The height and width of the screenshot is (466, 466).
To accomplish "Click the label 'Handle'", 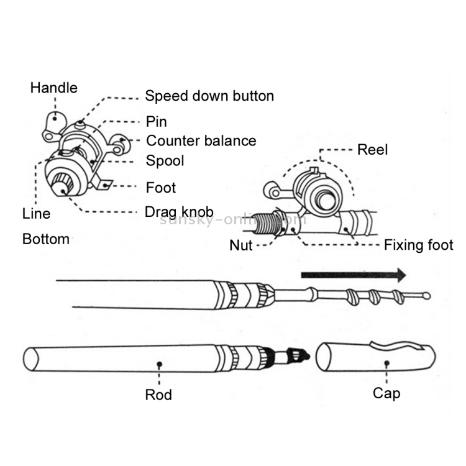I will [54, 88].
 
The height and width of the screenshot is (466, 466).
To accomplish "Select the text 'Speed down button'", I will [209, 96].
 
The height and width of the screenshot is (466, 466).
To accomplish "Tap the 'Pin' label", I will [156, 121].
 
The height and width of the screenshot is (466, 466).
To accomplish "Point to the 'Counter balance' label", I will [201, 140].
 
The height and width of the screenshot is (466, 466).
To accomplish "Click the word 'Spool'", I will [165, 160].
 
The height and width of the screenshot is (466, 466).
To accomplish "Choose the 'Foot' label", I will [160, 188].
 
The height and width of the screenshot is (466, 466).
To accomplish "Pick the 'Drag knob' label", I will [179, 212].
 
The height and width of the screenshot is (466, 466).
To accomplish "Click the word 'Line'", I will [36, 214].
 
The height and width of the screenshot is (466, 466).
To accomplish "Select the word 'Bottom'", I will [45, 239].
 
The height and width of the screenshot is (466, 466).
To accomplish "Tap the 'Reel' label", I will [372, 150].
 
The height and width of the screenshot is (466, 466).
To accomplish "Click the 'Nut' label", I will [240, 245].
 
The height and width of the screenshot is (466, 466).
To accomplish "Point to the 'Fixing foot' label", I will [418, 245].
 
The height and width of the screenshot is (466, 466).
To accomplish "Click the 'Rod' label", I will [158, 394].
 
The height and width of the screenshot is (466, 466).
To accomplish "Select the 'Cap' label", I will [386, 393].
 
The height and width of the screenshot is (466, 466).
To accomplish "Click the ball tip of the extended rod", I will [426, 296].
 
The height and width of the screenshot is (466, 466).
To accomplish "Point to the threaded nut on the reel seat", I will [267, 222].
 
